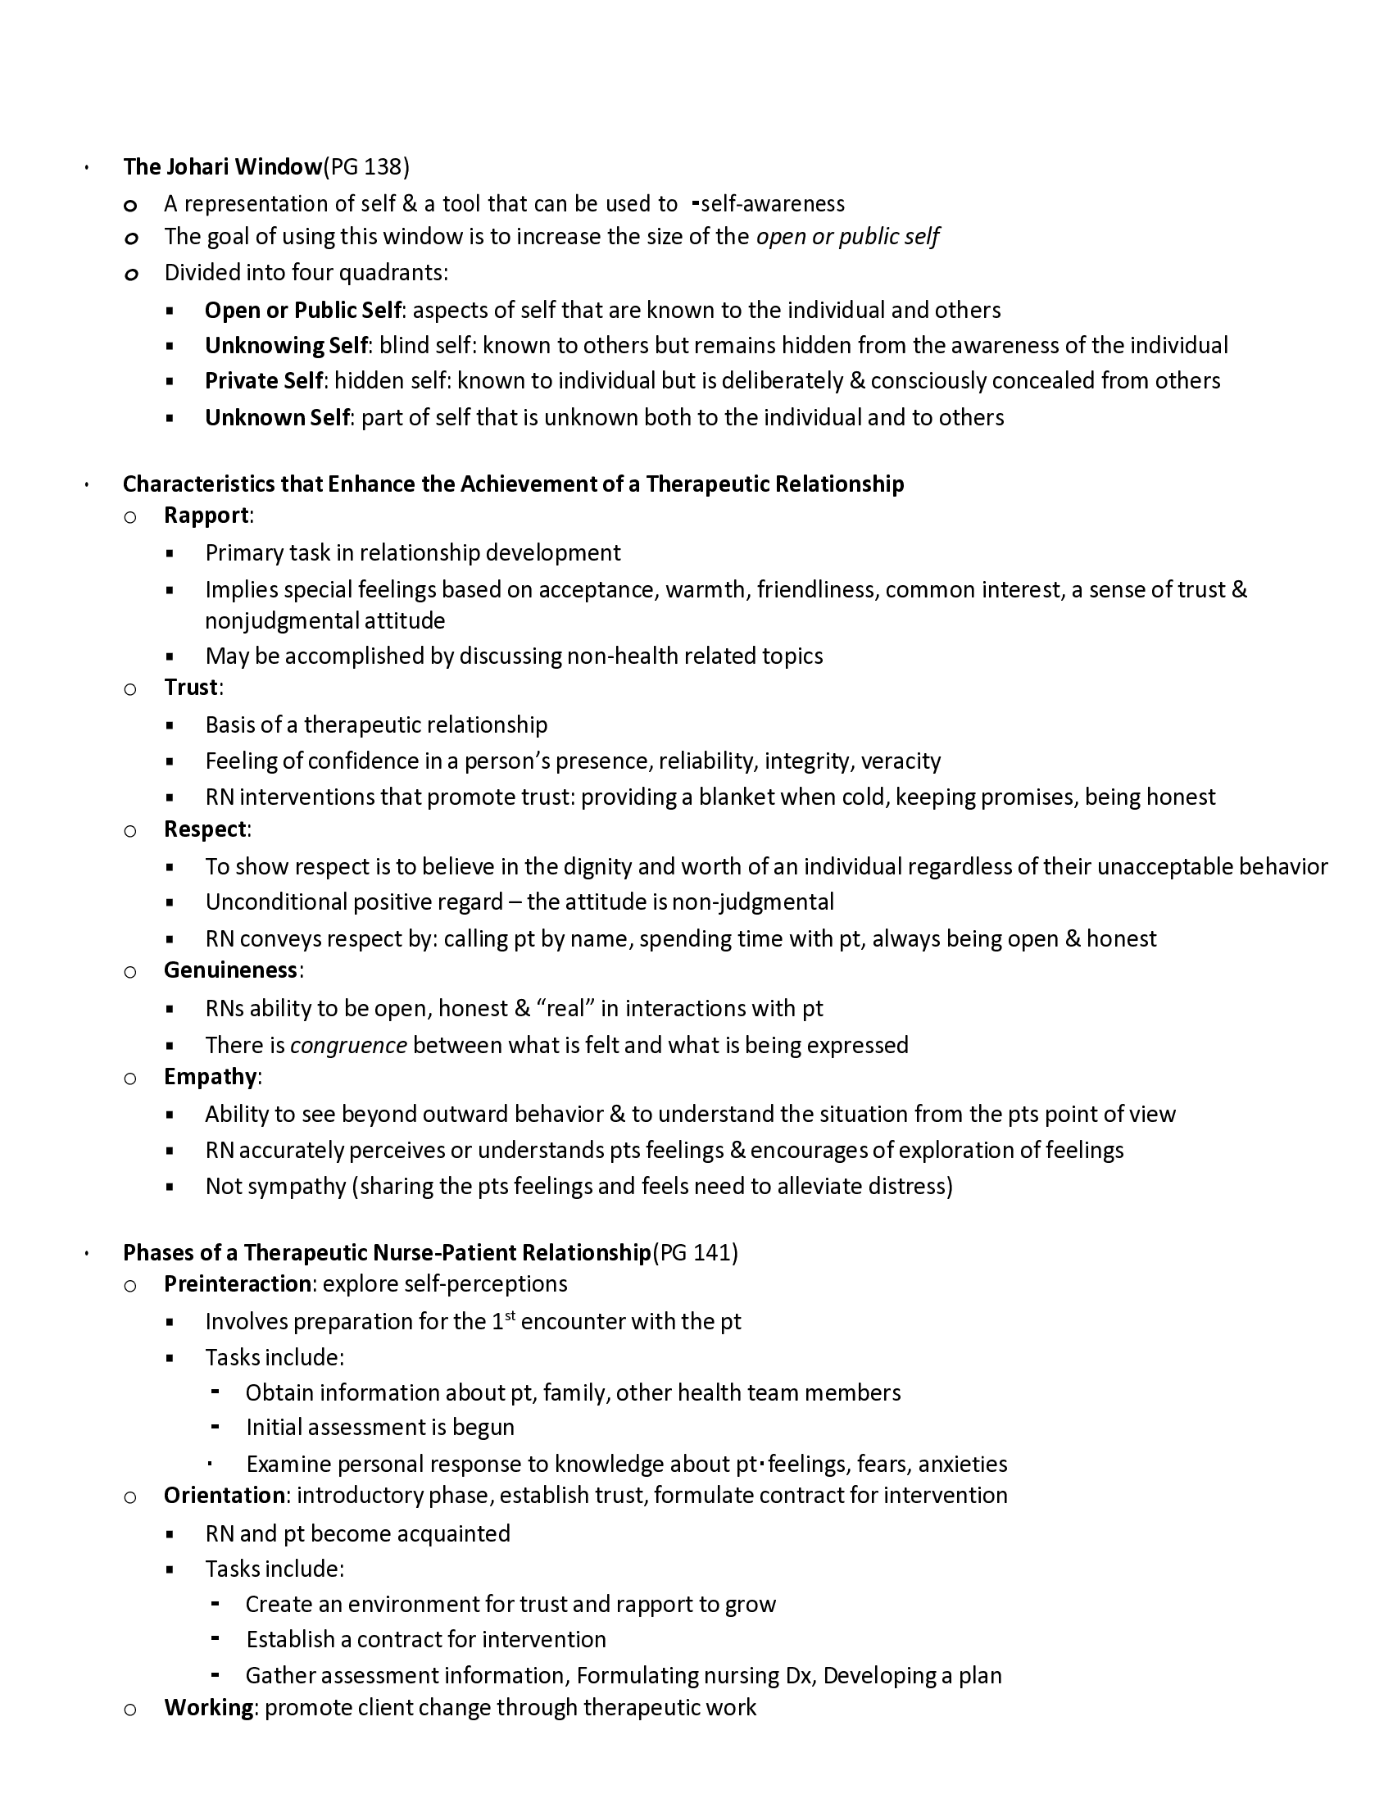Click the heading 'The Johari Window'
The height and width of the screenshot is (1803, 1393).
222,166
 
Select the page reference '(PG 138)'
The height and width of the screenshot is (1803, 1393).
365,166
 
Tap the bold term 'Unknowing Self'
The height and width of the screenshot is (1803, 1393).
285,345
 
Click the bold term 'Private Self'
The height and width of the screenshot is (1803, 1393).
263,380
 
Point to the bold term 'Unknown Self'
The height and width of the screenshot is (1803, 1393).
277,418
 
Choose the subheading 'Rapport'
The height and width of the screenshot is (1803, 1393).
206,515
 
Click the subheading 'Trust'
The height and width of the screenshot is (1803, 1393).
191,688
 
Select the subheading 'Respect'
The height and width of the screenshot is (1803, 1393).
205,829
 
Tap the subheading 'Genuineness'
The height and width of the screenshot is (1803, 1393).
230,970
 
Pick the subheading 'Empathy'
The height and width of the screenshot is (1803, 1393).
211,1077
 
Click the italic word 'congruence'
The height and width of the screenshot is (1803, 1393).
348,1045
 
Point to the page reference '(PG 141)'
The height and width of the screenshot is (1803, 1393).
695,1252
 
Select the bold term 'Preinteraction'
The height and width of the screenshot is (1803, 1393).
237,1283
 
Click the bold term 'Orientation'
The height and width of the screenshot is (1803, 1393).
225,1495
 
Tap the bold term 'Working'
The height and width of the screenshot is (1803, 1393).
208,1707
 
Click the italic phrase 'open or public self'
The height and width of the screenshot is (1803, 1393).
847,237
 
